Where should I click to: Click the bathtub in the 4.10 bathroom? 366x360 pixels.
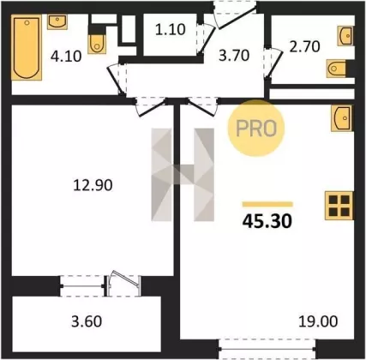coord(27,47)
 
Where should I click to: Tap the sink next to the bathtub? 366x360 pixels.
coord(57,21)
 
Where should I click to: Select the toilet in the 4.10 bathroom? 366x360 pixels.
coord(97,44)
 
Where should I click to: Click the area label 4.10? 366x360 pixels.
coord(66,57)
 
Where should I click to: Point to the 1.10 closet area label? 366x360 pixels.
coord(171,29)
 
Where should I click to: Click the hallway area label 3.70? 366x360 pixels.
coord(234,56)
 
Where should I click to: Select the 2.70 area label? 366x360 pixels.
coord(304,47)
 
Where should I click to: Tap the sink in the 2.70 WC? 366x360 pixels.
coord(345,36)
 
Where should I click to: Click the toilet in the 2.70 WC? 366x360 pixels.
coord(337,69)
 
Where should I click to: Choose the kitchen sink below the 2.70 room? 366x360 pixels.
coord(342,118)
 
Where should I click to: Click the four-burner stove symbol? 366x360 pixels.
coord(339,206)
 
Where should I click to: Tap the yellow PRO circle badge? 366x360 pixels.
coord(256,129)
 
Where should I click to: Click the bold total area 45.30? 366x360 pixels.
coord(267,221)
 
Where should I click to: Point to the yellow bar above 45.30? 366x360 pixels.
coord(267,204)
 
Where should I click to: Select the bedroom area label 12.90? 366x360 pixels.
coord(93,185)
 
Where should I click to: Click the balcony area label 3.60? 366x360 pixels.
coord(87,321)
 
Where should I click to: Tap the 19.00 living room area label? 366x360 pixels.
coord(318,321)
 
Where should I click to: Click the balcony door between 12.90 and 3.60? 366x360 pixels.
coord(123,284)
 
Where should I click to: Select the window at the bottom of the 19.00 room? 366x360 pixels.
coord(267,349)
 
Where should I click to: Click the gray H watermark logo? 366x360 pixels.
coord(183,175)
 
